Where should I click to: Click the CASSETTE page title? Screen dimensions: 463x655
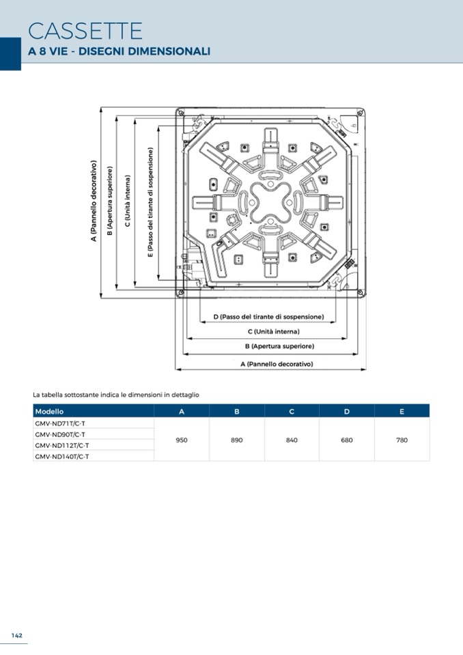85,31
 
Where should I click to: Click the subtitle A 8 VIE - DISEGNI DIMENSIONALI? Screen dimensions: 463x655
119,51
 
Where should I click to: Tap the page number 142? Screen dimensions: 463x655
17,635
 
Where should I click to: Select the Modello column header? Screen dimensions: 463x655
49,411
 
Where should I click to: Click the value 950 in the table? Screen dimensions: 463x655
182,440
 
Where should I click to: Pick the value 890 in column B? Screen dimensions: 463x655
237,440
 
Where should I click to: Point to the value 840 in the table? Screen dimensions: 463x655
292,440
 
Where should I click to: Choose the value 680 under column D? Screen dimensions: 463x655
347,440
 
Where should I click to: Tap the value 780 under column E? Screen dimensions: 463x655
402,440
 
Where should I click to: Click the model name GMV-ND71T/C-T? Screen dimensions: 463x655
60,423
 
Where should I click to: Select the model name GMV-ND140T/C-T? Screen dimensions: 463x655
61,456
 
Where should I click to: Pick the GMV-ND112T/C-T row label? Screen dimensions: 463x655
61,446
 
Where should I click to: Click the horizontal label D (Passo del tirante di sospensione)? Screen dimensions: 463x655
268,317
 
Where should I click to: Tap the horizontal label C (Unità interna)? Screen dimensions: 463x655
273,332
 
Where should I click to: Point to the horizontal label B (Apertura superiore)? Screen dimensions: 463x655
280,346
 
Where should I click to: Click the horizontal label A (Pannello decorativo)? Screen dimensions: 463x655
277,364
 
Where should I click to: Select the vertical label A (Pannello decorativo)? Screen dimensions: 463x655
94,201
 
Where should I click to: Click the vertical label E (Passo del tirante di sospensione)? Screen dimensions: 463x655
151,202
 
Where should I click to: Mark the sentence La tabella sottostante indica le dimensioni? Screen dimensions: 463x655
116,395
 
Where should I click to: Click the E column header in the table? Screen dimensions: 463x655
402,411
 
